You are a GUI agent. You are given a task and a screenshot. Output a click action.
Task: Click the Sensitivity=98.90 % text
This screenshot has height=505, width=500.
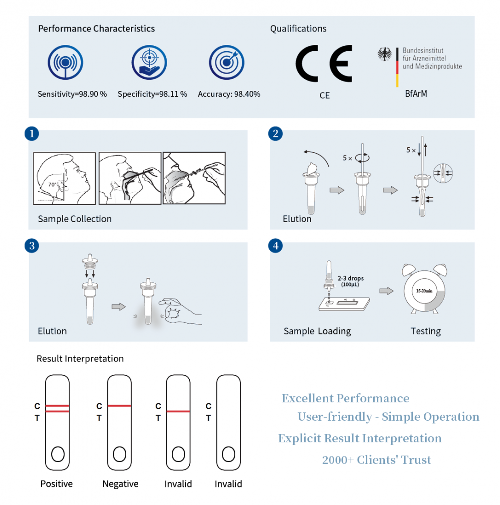[x=72, y=94]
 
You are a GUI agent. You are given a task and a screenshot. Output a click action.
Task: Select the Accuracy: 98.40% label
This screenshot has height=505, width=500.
[x=229, y=94]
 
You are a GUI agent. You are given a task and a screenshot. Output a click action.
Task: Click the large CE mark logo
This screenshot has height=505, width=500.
[x=324, y=64]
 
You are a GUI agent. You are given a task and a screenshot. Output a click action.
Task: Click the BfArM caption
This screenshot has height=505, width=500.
[x=416, y=93]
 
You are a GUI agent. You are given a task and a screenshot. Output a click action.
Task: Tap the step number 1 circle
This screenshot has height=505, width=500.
[x=32, y=134]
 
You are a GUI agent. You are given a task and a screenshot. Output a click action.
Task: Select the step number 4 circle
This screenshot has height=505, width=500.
[x=276, y=246]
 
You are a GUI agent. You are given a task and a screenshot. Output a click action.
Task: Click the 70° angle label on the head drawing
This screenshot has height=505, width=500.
[x=53, y=184]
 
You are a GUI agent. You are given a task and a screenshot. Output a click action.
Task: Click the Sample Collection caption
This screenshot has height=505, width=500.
[x=75, y=219]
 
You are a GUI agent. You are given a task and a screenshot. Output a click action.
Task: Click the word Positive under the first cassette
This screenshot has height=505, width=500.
[x=56, y=483]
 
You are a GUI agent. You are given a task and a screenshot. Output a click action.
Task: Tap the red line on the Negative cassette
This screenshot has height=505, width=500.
[x=119, y=406]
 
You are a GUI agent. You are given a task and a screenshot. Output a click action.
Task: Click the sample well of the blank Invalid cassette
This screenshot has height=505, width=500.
[x=228, y=454]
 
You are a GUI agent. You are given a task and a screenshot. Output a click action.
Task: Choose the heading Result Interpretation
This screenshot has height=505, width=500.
[x=80, y=358]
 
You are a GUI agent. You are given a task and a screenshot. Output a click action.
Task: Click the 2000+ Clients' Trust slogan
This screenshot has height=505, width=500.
[x=376, y=460]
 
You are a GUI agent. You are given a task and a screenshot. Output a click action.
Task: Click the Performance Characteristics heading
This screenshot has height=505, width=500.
[x=96, y=29]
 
